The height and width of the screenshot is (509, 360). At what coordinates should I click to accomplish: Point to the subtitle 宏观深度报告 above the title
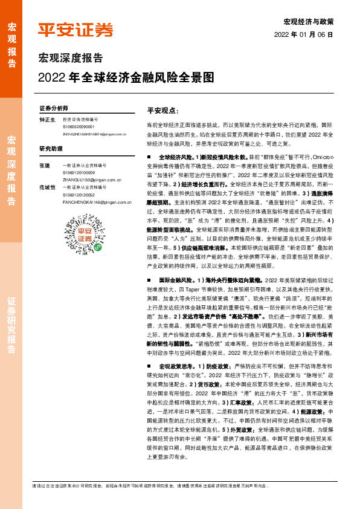[71, 58]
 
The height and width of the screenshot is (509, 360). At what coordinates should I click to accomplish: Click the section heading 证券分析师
[53, 108]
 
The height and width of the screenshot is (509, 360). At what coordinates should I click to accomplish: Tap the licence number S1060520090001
[79, 127]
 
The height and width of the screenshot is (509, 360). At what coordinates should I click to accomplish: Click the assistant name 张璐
[44, 164]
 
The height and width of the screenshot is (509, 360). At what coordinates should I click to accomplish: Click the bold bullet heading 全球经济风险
[176, 157]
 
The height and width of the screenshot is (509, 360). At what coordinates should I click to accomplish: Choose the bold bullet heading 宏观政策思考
[176, 367]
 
